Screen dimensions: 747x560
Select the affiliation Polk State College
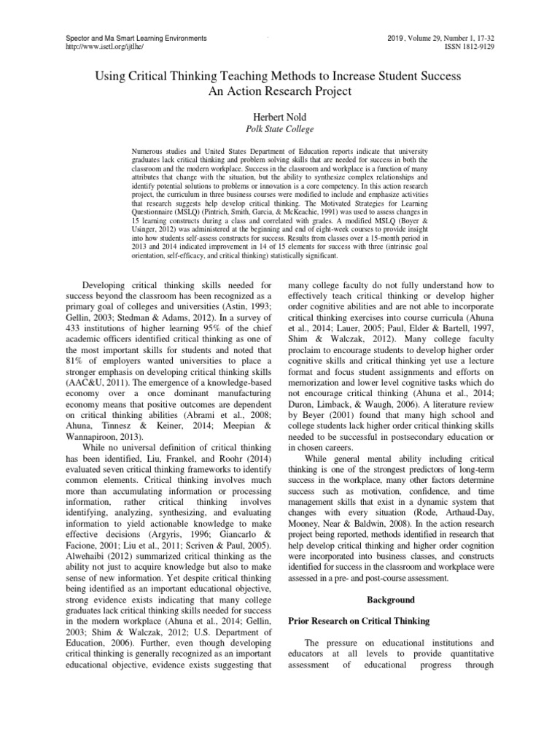pos(279,128)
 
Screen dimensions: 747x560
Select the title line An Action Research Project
pos(279,91)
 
